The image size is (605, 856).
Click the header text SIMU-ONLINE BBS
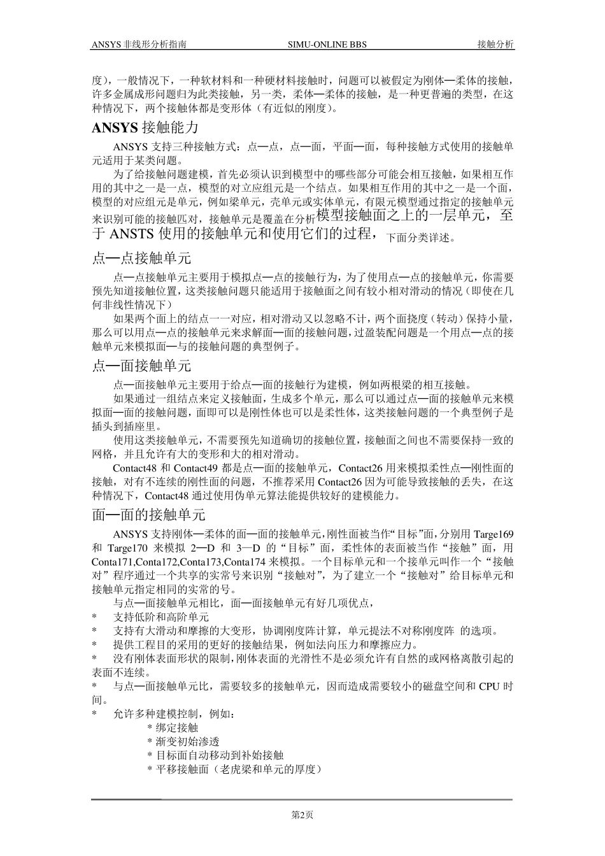pos(327,45)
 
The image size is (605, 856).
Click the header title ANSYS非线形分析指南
pos(139,45)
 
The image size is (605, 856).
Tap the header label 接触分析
pos(496,45)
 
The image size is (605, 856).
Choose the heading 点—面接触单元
pos(141,366)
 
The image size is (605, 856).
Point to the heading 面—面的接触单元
pos(148,515)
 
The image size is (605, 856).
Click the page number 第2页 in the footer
pos(302,815)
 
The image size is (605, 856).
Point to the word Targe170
pos(127,548)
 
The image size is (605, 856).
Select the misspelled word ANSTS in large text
pos(132,233)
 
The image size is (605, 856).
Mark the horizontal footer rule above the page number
pos(302,799)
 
